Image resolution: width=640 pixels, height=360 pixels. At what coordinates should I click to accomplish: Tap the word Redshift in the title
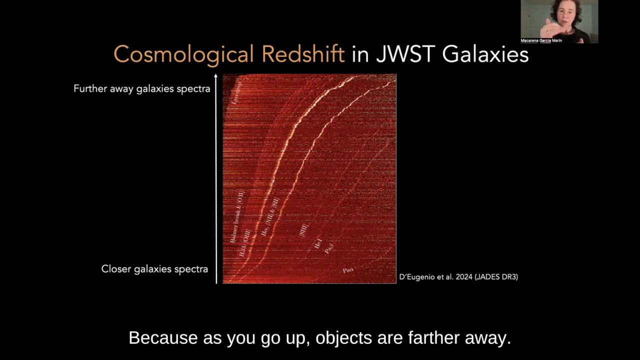click(x=303, y=54)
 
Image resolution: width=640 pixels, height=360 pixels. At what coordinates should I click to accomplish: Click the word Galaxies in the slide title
click(x=485, y=54)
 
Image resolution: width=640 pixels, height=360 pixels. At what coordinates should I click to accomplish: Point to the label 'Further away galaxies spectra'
click(x=141, y=89)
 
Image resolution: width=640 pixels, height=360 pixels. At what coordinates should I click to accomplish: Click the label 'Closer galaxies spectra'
click(x=154, y=269)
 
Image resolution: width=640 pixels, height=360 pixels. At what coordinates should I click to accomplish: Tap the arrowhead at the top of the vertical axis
click(x=216, y=76)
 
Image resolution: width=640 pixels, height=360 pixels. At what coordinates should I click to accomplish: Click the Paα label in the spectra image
click(x=348, y=270)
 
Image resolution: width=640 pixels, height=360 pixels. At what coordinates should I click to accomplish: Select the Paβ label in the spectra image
click(x=328, y=247)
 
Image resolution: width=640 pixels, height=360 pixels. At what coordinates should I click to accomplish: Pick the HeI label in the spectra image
click(x=317, y=244)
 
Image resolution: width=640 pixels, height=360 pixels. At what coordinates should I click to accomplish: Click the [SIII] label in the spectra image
click(x=303, y=230)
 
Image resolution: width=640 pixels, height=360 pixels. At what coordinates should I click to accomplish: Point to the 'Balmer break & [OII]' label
click(x=236, y=216)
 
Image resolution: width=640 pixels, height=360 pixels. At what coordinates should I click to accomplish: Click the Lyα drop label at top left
click(x=236, y=93)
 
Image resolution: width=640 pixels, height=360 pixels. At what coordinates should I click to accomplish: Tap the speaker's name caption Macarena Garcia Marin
click(x=541, y=40)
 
